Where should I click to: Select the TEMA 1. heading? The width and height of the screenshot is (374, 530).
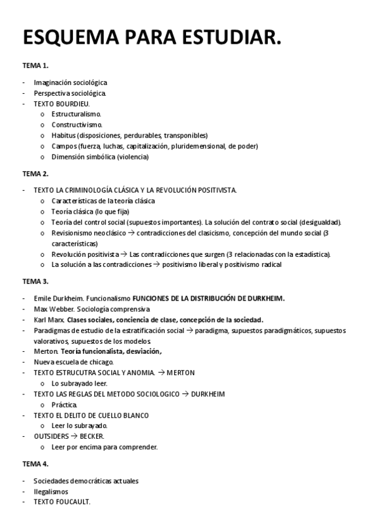[x=36, y=66]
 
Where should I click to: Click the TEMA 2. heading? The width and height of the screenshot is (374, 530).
[x=36, y=173]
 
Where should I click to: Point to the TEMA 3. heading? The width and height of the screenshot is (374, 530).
[x=36, y=281]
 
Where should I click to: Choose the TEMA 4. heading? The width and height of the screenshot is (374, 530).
[x=36, y=464]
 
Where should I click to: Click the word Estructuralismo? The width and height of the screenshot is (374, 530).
[x=76, y=114]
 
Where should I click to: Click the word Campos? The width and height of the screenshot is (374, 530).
[x=64, y=146]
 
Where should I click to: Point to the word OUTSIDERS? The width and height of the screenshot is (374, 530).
[x=52, y=436]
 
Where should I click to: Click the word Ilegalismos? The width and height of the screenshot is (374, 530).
[x=51, y=491]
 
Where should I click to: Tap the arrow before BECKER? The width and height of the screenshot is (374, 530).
[x=74, y=436]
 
